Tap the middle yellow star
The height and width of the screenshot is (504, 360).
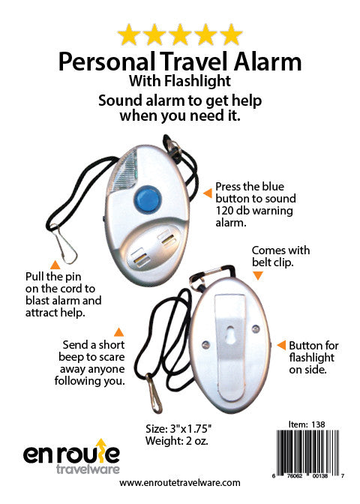pos(180,34)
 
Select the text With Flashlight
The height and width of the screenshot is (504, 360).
pos(180,81)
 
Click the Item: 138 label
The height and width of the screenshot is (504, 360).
pos(313,424)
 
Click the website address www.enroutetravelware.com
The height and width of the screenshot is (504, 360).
pos(180,483)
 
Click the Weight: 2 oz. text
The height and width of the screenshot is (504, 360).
pos(175,442)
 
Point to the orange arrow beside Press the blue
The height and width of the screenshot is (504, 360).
pos(208,193)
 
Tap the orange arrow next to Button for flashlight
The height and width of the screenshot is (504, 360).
pos(281,346)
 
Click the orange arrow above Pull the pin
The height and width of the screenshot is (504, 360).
pos(54,264)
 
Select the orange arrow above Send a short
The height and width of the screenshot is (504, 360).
pos(118,331)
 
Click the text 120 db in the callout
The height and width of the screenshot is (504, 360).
pos(231,211)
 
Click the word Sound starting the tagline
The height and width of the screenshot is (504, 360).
pos(121,100)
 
